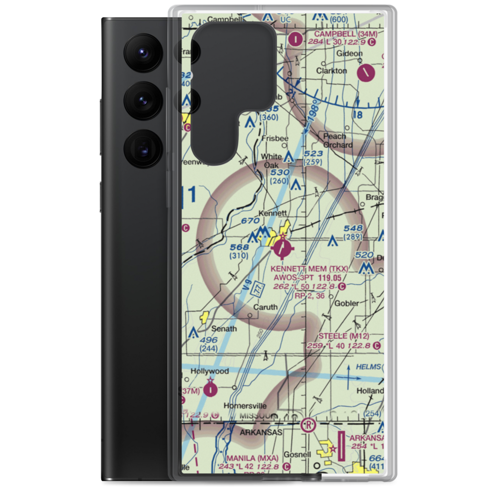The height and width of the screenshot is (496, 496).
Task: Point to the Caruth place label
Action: [265, 307]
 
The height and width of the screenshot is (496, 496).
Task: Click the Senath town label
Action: [224, 328]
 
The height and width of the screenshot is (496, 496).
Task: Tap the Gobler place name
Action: [347, 303]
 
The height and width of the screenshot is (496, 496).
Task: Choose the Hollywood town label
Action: [212, 371]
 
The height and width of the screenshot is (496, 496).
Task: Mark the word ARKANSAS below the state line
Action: [261, 433]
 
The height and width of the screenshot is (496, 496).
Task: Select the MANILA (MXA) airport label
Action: [252, 457]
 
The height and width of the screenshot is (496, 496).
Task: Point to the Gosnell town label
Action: [298, 454]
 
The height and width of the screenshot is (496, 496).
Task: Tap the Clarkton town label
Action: [331, 70]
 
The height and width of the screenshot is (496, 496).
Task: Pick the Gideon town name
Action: [346, 53]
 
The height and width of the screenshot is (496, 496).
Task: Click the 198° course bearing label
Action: [312, 115]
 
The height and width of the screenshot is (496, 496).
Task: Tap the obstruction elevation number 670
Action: [250, 220]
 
